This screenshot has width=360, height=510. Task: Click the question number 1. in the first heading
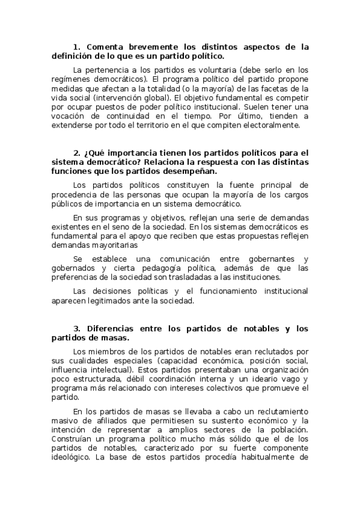(76, 47)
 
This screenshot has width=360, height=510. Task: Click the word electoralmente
(270, 125)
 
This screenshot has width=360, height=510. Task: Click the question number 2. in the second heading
(77, 153)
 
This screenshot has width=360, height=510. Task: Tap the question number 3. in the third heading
(77, 328)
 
